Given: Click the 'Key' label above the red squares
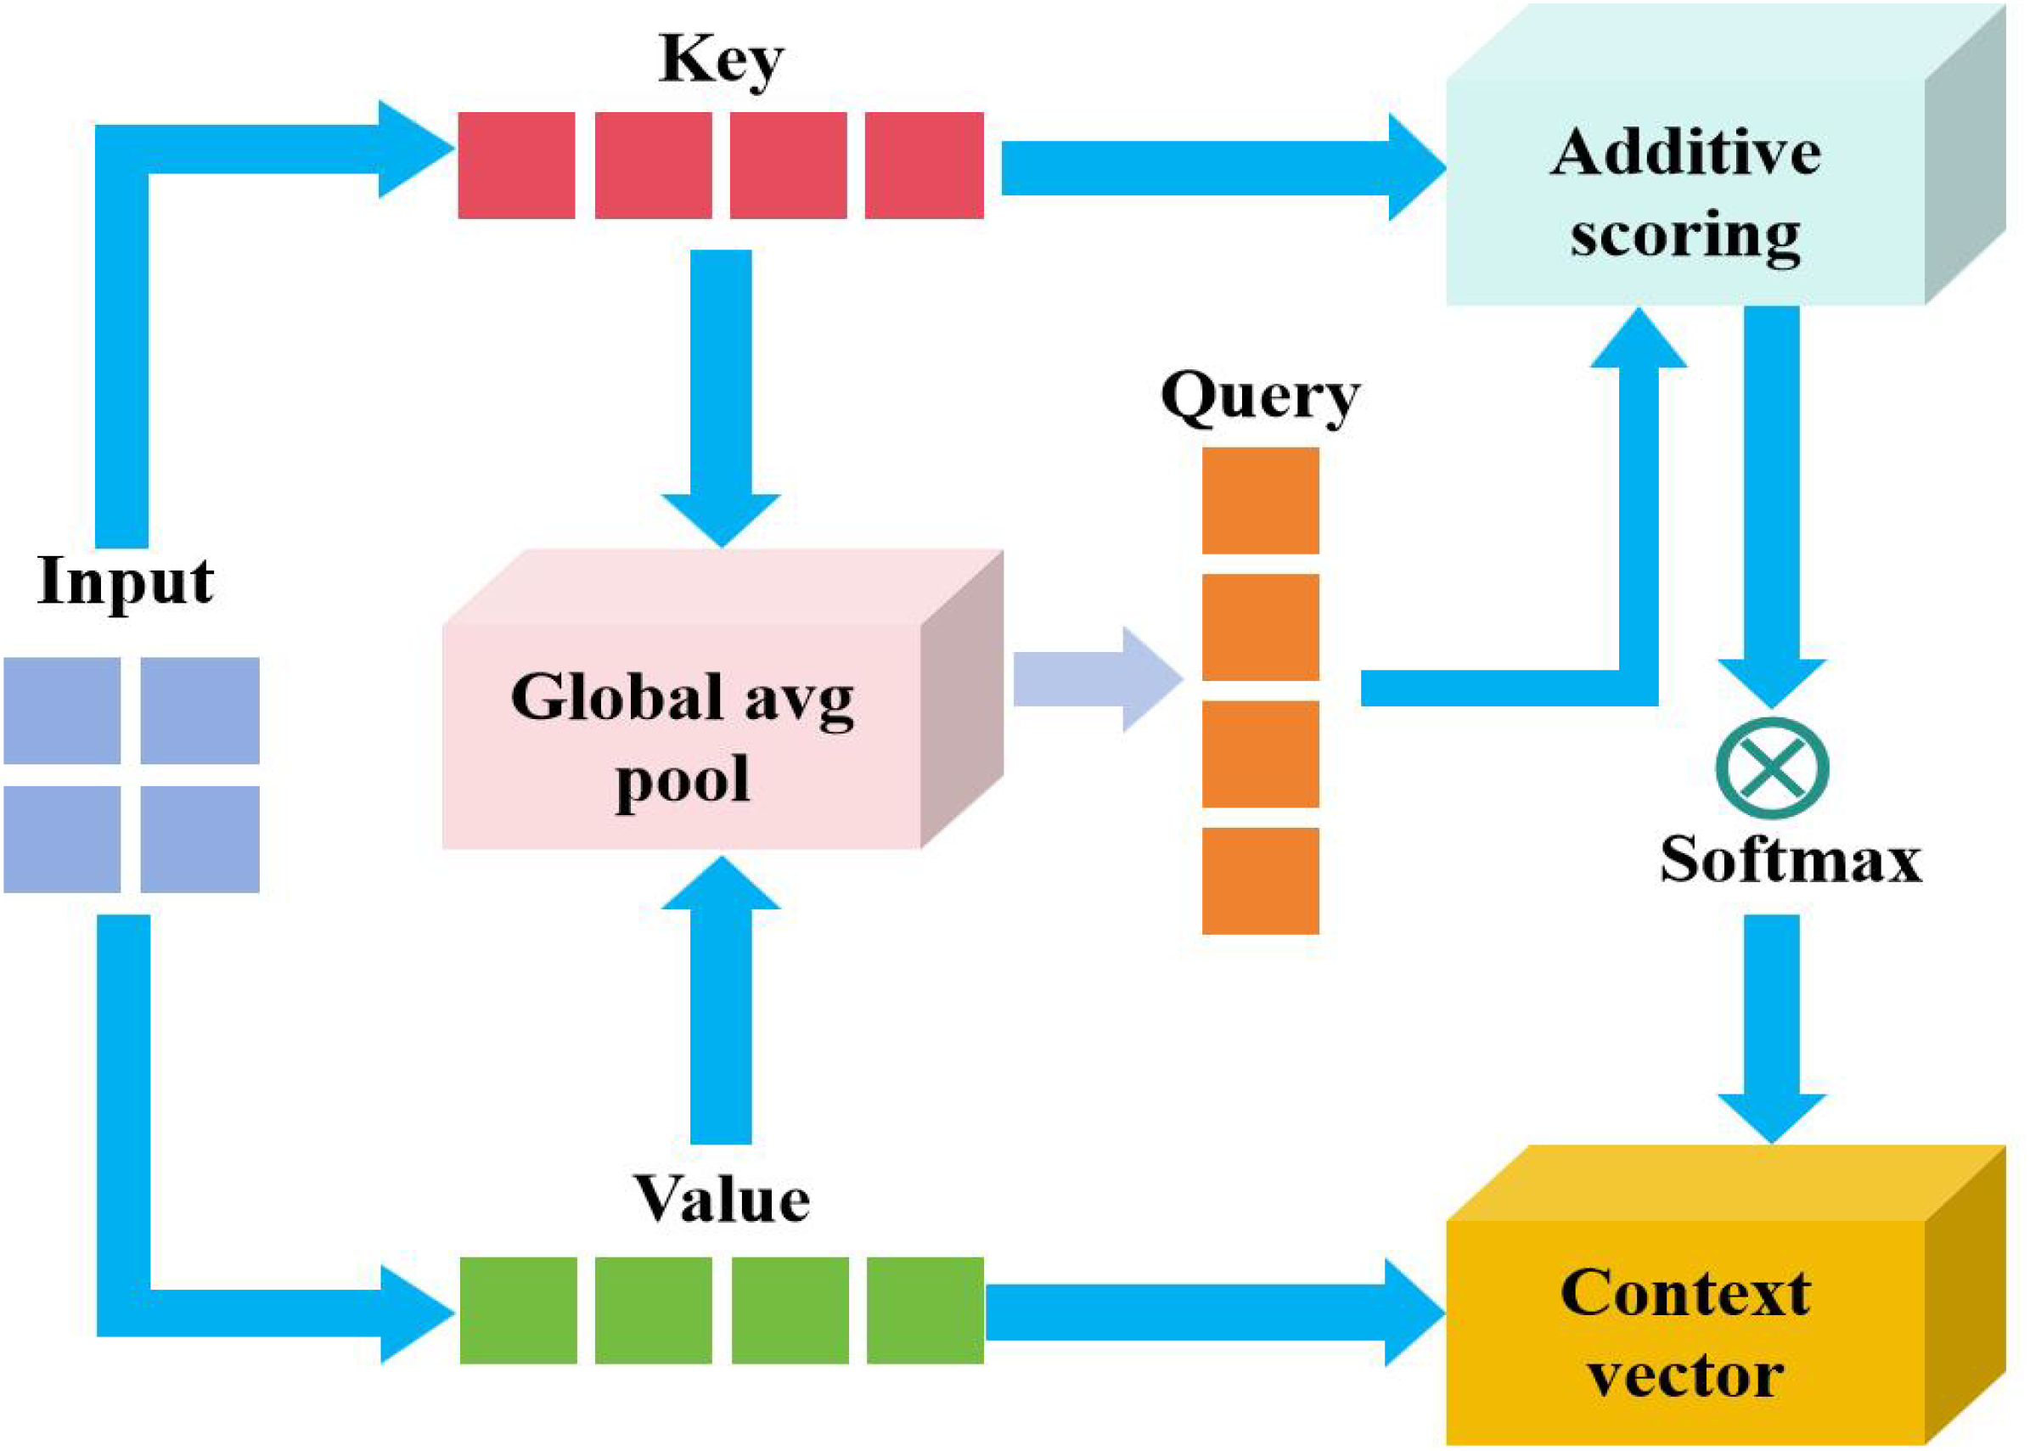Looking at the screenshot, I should pos(720,61).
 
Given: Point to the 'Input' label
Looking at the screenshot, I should pos(125,582).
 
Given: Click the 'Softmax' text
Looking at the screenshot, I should pos(1790,859).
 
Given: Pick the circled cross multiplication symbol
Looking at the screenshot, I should pos(1772,768).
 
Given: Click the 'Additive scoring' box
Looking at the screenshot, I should pos(1685,192).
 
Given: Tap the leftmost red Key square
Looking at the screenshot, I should pos(516,166).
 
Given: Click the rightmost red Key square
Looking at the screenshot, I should pos(924,166).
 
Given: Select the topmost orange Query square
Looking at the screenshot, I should pos(1260,500).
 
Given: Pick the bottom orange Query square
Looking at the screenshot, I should pos(1260,881).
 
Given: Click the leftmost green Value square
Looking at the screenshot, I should pos(518,1310).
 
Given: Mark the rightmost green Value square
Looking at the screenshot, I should pos(925,1310).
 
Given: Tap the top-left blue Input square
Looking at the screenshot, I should pos(63,711).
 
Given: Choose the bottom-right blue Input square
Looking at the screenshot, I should pos(200,839).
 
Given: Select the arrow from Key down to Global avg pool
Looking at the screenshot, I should pos(721,393).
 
